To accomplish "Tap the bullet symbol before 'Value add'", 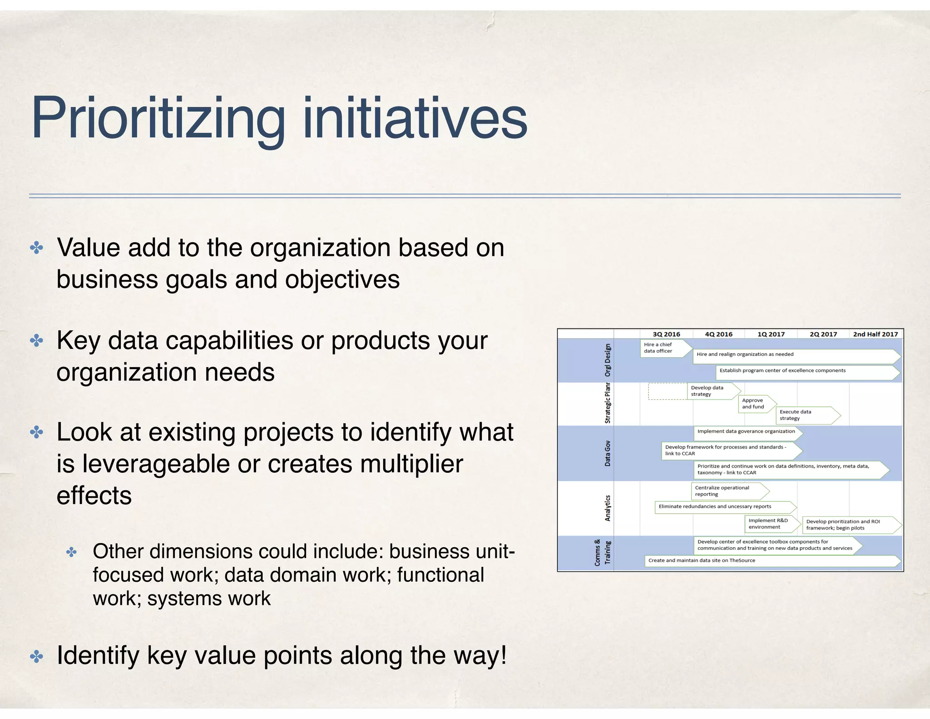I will pyautogui.click(x=36, y=248).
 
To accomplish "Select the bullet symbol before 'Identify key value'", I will pyautogui.click(x=36, y=656).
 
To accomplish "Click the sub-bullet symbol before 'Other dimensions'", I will pyautogui.click(x=72, y=552).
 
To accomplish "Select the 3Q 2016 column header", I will pyautogui.click(x=666, y=334).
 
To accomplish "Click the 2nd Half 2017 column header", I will pyautogui.click(x=875, y=334).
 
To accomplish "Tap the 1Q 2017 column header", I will pyautogui.click(x=771, y=334).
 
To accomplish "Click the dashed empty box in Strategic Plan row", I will pyautogui.click(x=668, y=391).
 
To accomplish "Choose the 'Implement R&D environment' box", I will pyautogui.click(x=771, y=524).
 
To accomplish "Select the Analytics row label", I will pyautogui.click(x=608, y=508).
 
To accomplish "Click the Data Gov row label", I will pyautogui.click(x=608, y=453).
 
